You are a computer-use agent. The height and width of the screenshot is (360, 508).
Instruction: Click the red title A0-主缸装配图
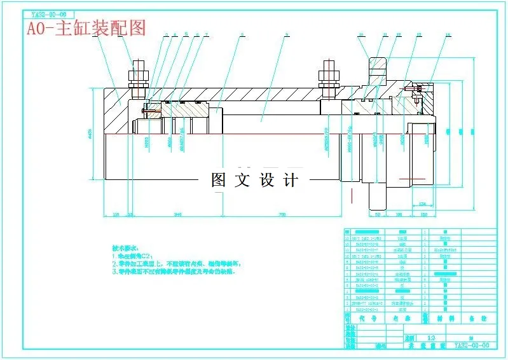click(86, 28)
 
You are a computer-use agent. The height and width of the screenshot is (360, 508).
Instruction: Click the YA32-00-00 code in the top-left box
click(48, 13)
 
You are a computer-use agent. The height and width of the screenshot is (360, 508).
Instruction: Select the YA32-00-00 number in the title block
click(471, 345)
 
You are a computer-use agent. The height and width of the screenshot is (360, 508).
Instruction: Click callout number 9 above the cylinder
click(287, 34)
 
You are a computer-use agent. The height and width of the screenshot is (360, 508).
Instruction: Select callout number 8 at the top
click(242, 34)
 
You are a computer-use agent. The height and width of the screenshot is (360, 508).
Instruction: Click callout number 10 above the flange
click(361, 34)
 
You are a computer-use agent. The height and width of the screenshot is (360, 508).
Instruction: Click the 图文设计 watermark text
click(254, 180)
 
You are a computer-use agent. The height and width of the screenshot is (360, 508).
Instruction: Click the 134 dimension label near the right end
click(422, 204)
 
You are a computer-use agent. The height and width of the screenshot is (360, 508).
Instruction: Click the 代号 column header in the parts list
click(360, 317)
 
